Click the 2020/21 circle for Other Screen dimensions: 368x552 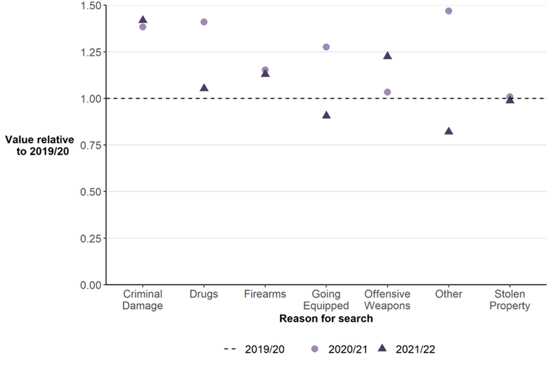tap(448, 11)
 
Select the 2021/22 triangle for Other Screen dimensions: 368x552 tap(448, 130)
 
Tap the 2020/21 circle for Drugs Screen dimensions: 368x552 tap(204, 22)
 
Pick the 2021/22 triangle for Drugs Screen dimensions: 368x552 tap(204, 88)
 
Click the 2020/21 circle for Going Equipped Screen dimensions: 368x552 tap(326, 47)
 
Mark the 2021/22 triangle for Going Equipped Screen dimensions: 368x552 tap(326, 115)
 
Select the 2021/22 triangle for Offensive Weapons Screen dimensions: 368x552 tap(387, 55)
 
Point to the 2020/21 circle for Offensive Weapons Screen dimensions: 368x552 tap(387, 92)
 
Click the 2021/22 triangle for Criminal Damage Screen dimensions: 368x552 tap(143, 19)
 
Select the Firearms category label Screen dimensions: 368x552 tap(265, 295)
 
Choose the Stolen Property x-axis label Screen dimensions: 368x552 tap(510, 300)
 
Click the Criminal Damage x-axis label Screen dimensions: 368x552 tap(143, 300)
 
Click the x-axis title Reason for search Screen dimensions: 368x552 tap(326, 319)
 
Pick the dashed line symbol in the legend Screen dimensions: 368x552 tap(232, 349)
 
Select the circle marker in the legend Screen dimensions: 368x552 tap(315, 349)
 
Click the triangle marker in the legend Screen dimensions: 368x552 tap(383, 349)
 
